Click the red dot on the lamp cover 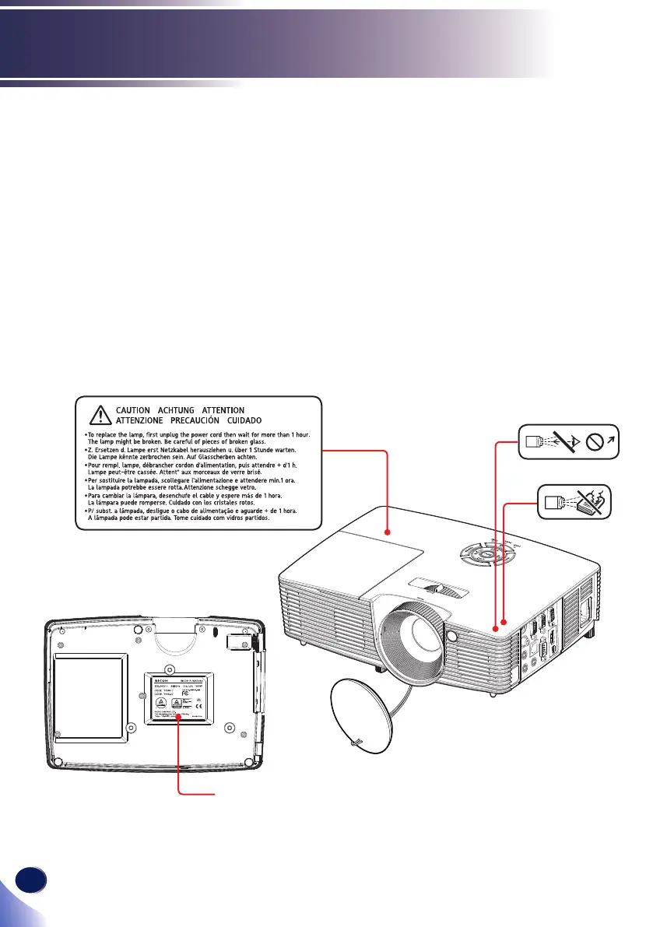387,532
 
